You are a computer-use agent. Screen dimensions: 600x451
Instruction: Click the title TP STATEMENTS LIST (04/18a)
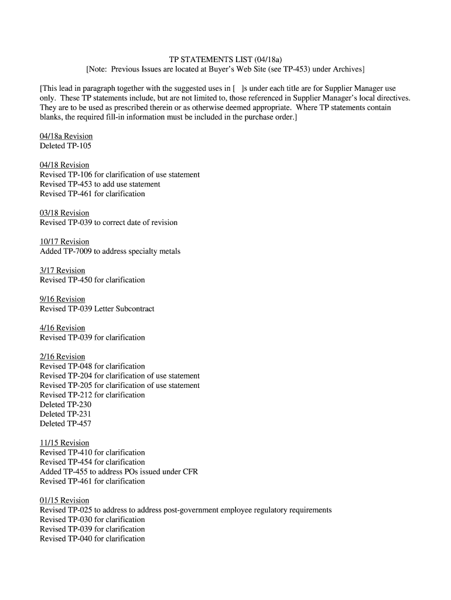(x=225, y=60)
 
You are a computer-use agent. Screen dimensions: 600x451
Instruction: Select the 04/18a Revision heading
(x=66, y=137)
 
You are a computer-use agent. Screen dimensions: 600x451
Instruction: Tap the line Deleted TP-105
(x=66, y=146)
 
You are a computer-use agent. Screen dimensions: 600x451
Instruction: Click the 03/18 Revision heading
(x=64, y=213)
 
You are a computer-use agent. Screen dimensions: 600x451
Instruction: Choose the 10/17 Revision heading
(x=64, y=241)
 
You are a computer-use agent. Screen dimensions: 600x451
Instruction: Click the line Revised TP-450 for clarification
(x=92, y=280)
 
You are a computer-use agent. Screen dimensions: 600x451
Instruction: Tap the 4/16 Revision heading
(x=62, y=328)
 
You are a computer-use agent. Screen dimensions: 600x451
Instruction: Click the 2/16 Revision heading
(x=62, y=357)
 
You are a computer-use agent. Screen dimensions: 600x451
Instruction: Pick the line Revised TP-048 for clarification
(x=92, y=366)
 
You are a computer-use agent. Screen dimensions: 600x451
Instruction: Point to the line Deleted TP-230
(x=66, y=404)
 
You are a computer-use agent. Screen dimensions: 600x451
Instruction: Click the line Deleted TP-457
(x=66, y=424)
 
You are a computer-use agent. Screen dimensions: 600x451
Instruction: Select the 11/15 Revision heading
(x=64, y=443)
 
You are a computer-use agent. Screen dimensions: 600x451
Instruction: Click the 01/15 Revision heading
(x=64, y=500)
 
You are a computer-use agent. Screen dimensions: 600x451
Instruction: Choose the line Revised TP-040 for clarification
(x=92, y=538)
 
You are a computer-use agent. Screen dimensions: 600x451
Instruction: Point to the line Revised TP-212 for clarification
(x=92, y=395)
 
